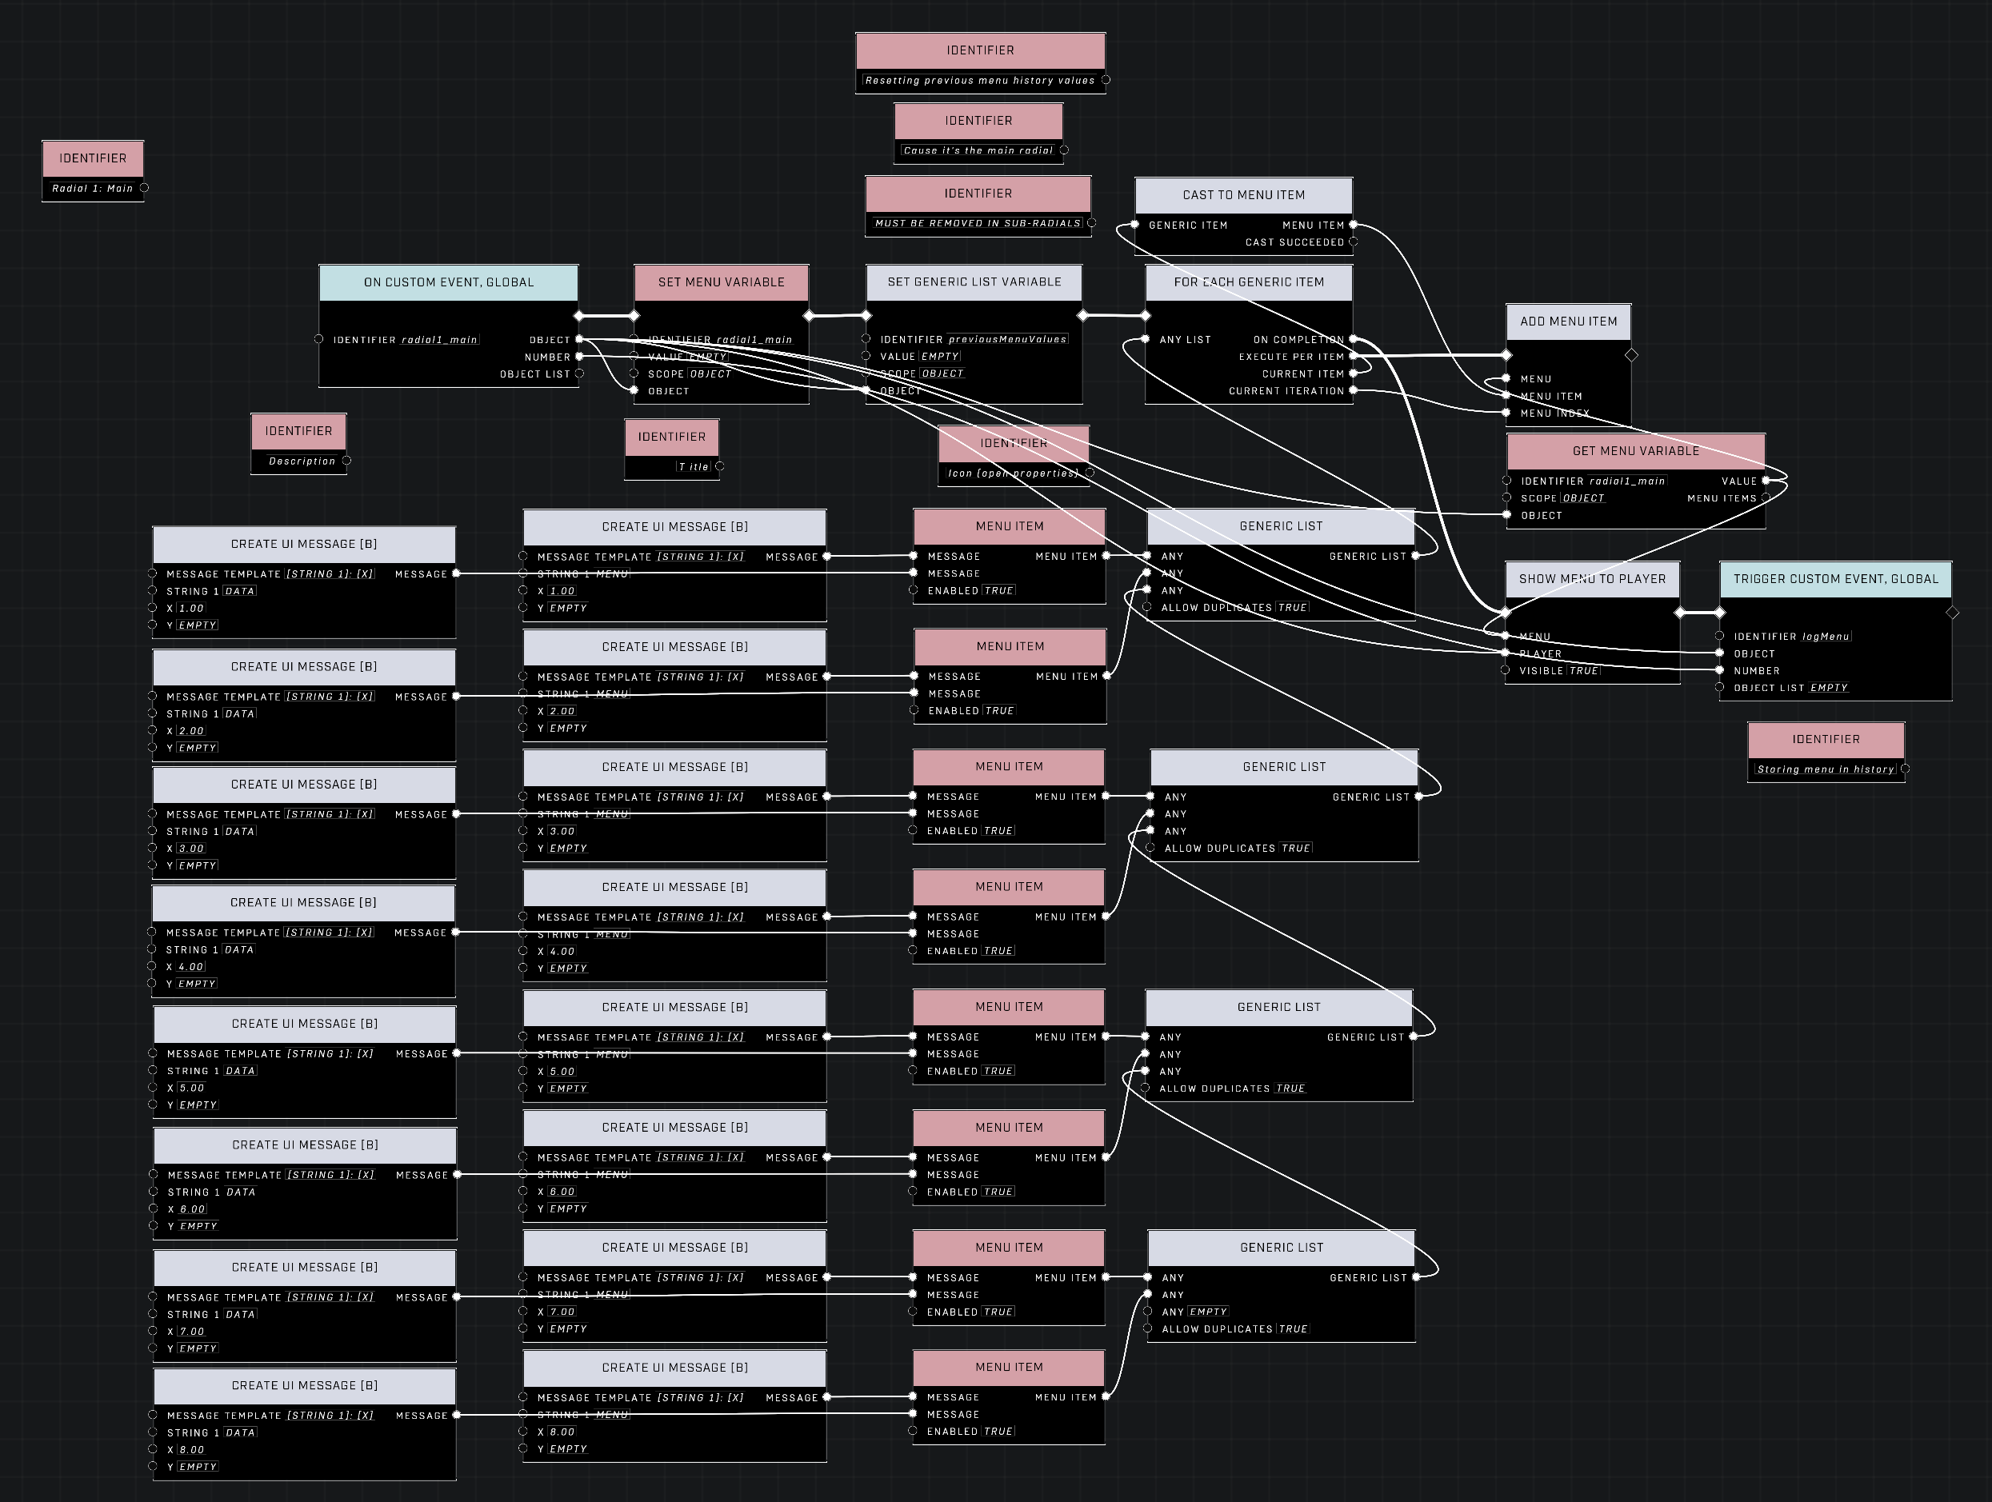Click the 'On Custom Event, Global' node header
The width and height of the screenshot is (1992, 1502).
(x=449, y=282)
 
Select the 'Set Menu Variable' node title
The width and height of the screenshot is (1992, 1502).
(x=721, y=282)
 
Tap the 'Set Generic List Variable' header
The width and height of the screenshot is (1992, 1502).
(x=974, y=282)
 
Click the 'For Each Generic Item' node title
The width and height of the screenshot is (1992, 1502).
(x=1248, y=282)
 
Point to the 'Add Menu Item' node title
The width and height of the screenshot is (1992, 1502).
(x=1568, y=322)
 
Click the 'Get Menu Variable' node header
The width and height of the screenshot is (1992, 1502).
(x=1635, y=451)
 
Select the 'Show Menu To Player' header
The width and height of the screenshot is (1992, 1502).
(x=1591, y=579)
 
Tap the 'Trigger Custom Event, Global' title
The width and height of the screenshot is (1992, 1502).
(x=1835, y=579)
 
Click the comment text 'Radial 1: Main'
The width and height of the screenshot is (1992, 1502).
(x=92, y=188)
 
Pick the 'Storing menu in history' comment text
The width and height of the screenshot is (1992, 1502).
(x=1825, y=769)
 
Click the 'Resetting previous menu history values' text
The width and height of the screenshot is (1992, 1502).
(x=979, y=80)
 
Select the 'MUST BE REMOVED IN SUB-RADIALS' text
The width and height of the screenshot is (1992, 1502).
(x=977, y=223)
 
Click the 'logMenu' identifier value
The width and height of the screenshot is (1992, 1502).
(x=1826, y=637)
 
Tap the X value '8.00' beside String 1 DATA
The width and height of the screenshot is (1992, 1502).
(x=191, y=1450)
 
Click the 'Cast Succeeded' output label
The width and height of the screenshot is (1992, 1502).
(x=1294, y=242)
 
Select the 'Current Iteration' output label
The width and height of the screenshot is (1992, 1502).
(x=1285, y=391)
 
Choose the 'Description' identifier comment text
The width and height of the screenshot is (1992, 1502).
(x=302, y=461)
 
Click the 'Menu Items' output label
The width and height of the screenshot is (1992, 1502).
(x=1721, y=498)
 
